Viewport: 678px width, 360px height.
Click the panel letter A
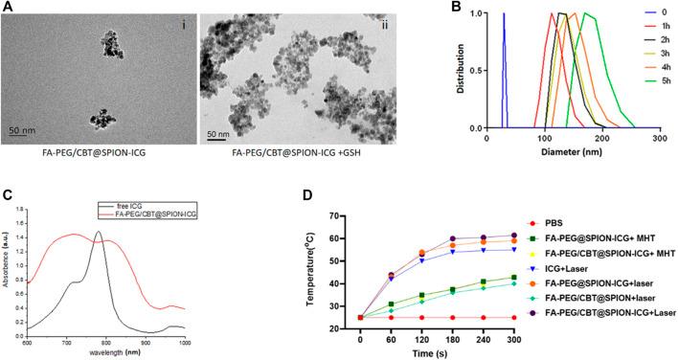9,9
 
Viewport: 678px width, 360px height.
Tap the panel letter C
10,191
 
